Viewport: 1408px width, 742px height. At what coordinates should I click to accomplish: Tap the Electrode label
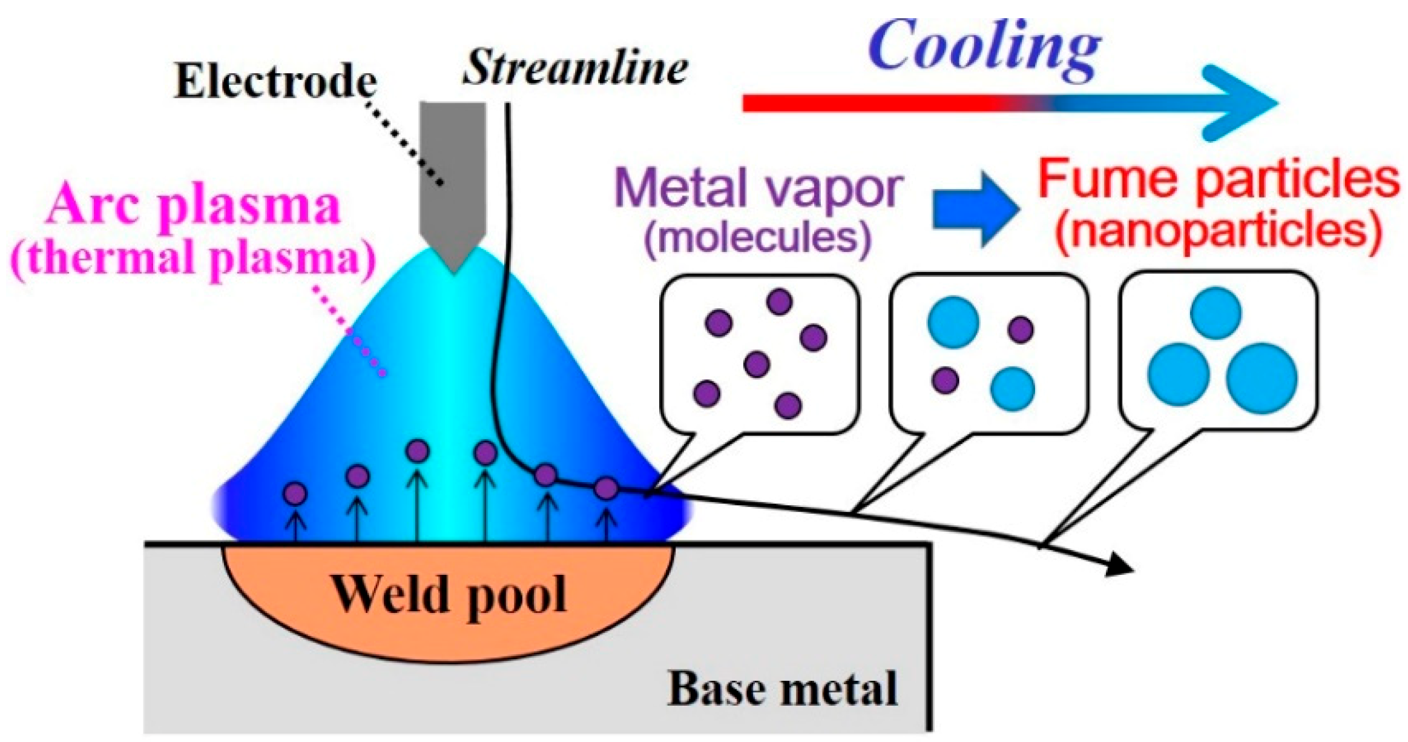275,82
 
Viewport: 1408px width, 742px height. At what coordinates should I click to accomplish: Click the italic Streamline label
575,68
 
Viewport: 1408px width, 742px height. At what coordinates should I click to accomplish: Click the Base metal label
782,689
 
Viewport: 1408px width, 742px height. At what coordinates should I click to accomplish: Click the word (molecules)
758,237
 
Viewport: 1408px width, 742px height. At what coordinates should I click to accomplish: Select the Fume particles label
1219,180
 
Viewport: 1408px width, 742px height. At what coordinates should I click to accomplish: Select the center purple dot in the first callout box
757,365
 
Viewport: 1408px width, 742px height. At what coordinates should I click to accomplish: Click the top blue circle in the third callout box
1216,313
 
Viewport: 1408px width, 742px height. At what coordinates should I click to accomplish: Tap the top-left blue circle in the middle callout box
953,322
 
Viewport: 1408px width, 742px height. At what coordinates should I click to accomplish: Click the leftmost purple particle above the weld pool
295,494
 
